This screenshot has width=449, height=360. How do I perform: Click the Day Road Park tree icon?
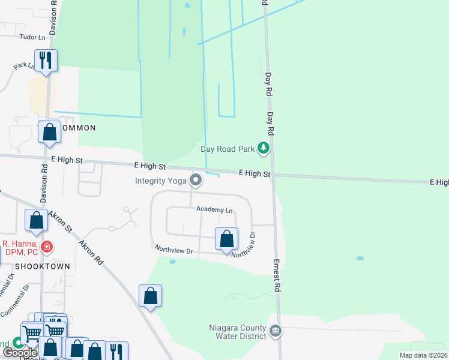(x=262, y=148)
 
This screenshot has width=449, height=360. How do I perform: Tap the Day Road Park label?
(x=227, y=149)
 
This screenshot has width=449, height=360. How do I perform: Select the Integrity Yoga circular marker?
(x=196, y=179)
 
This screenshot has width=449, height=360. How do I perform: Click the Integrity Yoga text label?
(x=160, y=180)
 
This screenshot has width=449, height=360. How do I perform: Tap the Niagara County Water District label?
(x=238, y=332)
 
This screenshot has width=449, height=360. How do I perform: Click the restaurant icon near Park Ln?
(x=46, y=60)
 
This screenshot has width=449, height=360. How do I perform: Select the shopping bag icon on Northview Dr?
(x=226, y=239)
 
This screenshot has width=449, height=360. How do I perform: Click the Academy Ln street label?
(x=214, y=210)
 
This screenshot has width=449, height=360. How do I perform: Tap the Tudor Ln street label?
(x=33, y=37)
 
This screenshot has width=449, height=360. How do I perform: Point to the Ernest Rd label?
(x=277, y=276)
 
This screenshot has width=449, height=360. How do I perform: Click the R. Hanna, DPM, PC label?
(x=19, y=247)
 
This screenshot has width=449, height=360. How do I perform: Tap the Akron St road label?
(x=61, y=221)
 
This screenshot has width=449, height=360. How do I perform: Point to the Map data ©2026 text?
(x=423, y=355)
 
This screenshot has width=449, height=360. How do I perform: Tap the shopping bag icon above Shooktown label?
(x=37, y=220)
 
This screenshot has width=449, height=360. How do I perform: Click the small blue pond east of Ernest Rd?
(x=360, y=258)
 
